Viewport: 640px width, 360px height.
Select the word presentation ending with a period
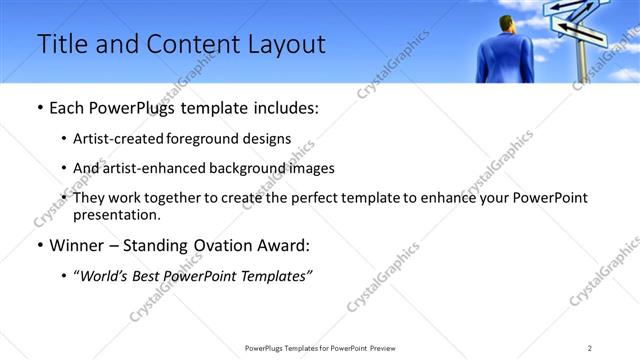116,214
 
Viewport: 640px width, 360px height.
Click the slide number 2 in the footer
590,348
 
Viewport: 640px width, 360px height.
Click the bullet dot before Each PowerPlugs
39,108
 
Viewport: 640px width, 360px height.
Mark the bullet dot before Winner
39,245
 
